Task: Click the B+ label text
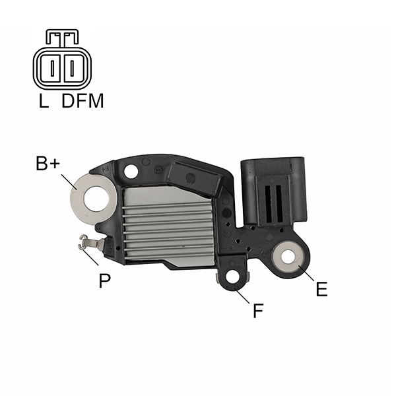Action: point(48,164)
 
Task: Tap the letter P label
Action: point(104,280)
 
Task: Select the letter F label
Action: point(258,311)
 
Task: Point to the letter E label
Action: point(321,289)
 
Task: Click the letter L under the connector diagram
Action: point(44,101)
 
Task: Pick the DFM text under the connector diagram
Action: point(82,101)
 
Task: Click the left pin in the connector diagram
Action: point(52,68)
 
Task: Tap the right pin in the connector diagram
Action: point(72,68)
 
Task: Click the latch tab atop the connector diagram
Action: point(62,38)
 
